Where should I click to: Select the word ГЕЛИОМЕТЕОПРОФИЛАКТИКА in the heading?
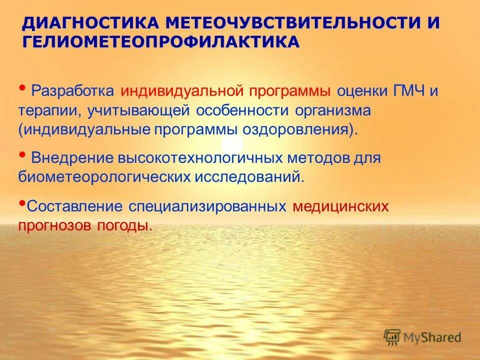tap(161, 42)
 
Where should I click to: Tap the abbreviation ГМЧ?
tap(407, 92)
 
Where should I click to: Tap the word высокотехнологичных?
tap(201, 158)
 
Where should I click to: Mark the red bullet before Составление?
tap(22, 203)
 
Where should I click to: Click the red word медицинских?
tap(340, 206)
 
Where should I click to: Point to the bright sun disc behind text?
tap(235, 144)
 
